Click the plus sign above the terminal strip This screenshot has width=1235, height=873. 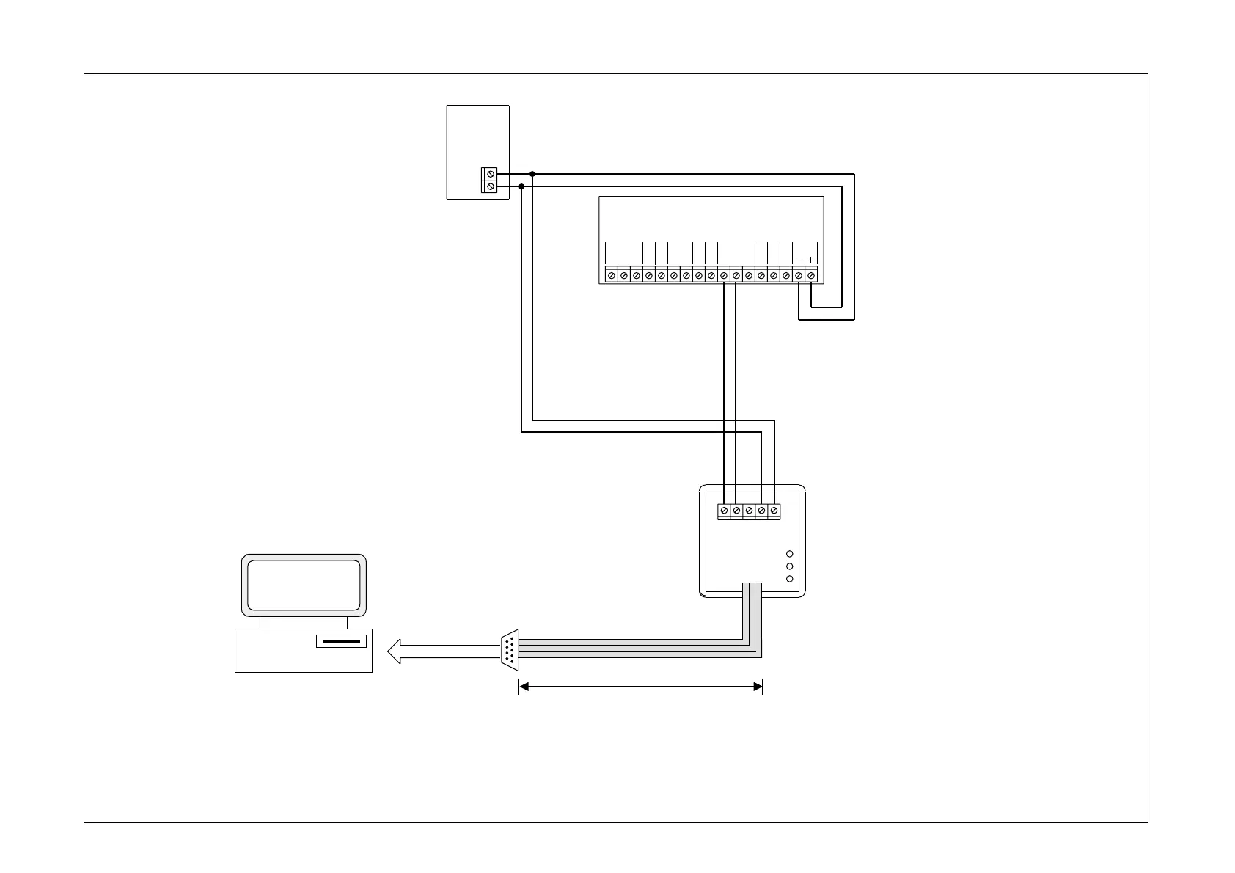(810, 260)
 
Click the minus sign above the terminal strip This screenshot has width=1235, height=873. (799, 260)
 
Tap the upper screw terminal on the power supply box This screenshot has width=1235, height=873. (490, 175)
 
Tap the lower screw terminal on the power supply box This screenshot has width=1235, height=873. (490, 187)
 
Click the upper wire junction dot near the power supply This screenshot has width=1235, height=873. (532, 175)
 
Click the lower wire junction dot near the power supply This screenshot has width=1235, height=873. (521, 186)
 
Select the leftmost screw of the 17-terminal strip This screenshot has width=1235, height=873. (612, 276)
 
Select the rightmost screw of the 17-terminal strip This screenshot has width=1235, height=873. (811, 276)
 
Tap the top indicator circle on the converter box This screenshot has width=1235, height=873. (790, 554)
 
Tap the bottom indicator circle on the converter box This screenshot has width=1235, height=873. (790, 579)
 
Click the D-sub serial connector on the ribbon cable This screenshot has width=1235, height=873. (510, 649)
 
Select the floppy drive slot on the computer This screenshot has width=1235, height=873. (341, 641)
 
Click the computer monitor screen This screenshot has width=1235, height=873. (304, 585)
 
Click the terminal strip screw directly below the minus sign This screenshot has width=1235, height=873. (799, 276)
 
